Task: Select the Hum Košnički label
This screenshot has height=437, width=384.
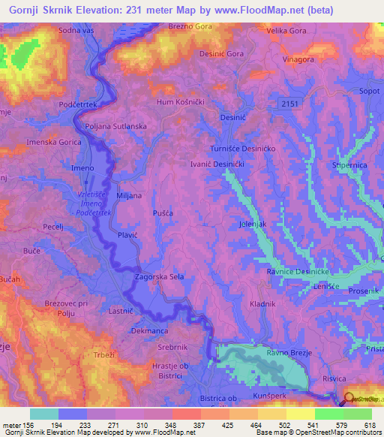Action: tap(180, 101)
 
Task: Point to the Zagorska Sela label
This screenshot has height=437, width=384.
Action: tap(159, 276)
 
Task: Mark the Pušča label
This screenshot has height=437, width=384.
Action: tap(162, 214)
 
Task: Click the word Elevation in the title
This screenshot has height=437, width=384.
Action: tap(103, 11)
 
